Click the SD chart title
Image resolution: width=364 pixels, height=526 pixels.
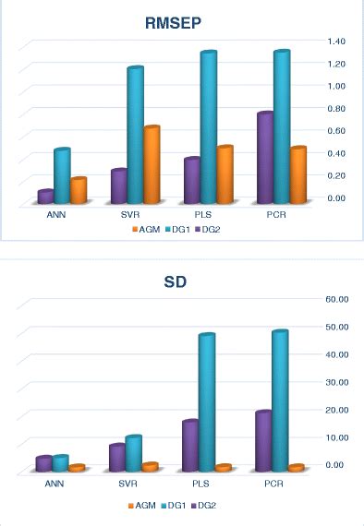tap(182, 281)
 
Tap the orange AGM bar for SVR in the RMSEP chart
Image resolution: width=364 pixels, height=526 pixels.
tap(152, 165)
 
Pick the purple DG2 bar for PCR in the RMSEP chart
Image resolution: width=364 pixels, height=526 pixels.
tap(265, 158)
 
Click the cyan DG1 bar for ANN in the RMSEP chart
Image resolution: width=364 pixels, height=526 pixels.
tap(62, 176)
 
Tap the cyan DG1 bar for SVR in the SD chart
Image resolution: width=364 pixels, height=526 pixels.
tap(134, 453)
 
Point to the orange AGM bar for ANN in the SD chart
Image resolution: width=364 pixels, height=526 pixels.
tap(78, 469)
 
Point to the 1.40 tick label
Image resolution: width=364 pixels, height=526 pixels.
tap(334, 42)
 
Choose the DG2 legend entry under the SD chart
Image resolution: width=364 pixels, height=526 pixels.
tap(206, 505)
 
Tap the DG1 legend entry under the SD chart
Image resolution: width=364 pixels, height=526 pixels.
tap(176, 505)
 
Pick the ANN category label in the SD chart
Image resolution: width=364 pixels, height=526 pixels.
tap(55, 483)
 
